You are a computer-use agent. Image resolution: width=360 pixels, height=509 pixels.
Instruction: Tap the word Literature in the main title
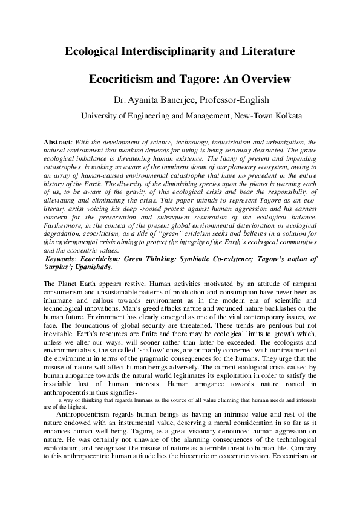[x=266, y=52]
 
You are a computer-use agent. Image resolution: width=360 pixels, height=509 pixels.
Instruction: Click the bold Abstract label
[x=57, y=141]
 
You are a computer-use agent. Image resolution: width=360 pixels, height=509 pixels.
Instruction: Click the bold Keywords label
[x=65, y=259]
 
